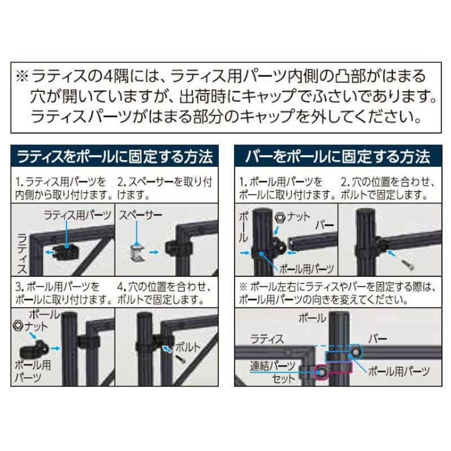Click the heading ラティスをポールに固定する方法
click(115, 157)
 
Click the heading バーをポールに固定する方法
click(338, 157)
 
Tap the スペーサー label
click(140, 215)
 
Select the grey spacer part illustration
click(137, 253)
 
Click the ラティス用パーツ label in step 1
click(77, 215)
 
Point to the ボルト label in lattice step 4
click(188, 347)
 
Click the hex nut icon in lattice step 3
click(18, 326)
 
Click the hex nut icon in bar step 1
click(279, 218)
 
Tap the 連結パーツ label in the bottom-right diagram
click(272, 365)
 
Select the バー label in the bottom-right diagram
click(377, 339)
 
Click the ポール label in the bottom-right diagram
click(312, 318)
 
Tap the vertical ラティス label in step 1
click(22, 253)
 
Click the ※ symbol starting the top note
click(22, 76)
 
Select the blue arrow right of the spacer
click(154, 252)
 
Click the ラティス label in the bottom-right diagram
click(267, 339)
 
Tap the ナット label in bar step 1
click(299, 217)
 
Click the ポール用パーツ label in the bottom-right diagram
click(399, 372)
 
